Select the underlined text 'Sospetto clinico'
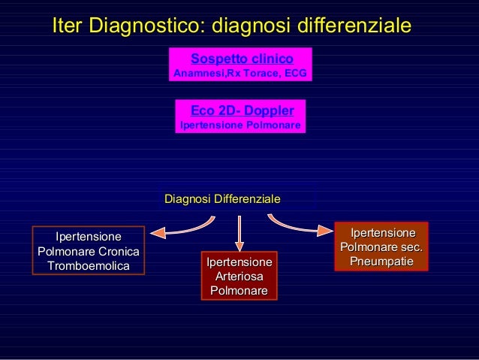[242, 59]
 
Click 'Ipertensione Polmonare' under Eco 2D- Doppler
[241, 126]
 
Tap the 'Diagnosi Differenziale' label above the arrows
[222, 199]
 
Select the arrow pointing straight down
[239, 233]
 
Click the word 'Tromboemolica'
[88, 266]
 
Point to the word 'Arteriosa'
[239, 277]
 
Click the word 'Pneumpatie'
[383, 260]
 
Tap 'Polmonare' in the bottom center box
[239, 291]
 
